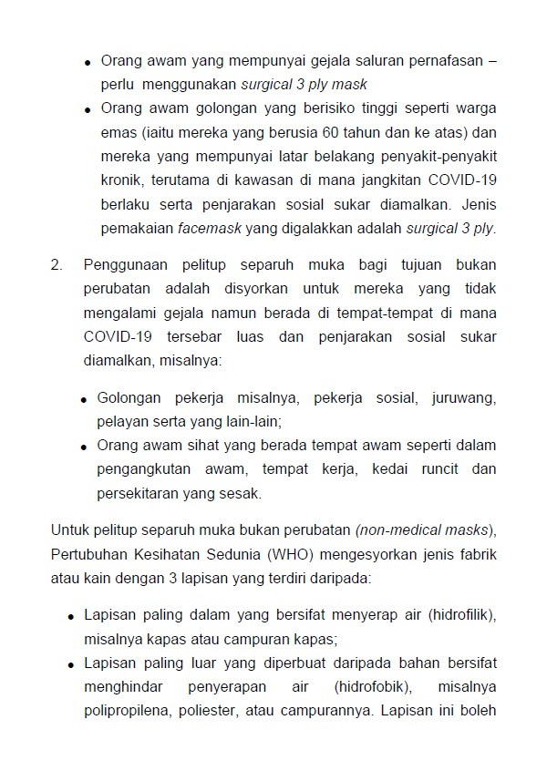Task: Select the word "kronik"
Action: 124,180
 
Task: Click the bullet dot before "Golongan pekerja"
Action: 88,400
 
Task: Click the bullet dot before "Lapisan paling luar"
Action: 72,664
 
